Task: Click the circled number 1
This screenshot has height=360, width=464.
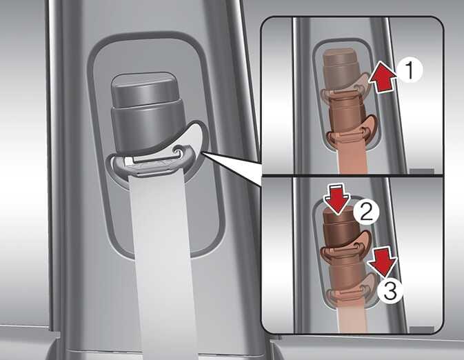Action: [410, 70]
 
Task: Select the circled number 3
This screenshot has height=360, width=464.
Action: [390, 291]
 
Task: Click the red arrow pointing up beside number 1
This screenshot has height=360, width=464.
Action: [382, 77]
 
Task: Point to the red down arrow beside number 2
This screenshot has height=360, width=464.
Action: [337, 199]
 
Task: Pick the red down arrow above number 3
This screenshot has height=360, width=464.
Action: [383, 262]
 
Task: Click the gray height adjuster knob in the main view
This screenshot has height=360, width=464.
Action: [146, 112]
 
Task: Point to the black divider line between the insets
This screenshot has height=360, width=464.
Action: [352, 176]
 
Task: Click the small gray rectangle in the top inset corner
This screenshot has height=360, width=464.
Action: [421, 171]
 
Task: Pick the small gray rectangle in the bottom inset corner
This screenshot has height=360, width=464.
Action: [421, 329]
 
